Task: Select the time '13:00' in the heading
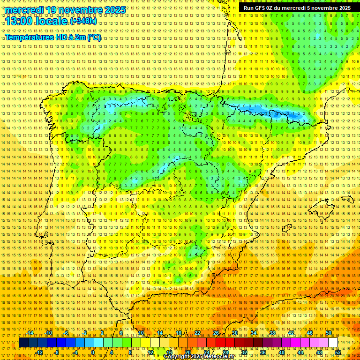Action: coord(19,22)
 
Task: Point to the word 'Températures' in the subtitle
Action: coord(29,37)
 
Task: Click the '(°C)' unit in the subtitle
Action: coord(94,37)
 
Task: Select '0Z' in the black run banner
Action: coord(270,8)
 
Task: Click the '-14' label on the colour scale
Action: coord(30,333)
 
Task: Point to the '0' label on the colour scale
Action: coord(93,352)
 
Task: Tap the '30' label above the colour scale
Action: coord(234,333)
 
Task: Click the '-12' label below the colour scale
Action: coord(39,352)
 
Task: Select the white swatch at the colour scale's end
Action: coord(333,343)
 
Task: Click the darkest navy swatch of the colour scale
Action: coord(23,343)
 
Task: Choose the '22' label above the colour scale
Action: coord(197,333)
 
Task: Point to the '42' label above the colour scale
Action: coord(291,333)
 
